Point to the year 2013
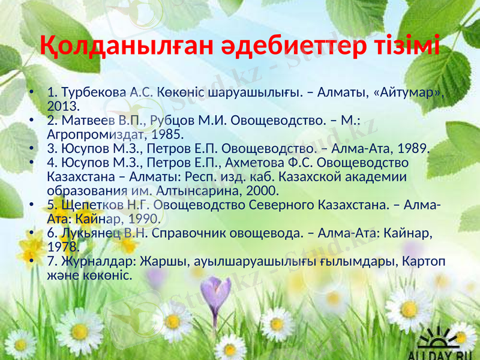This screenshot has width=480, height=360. point(62,107)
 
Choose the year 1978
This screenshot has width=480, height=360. point(62,247)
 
